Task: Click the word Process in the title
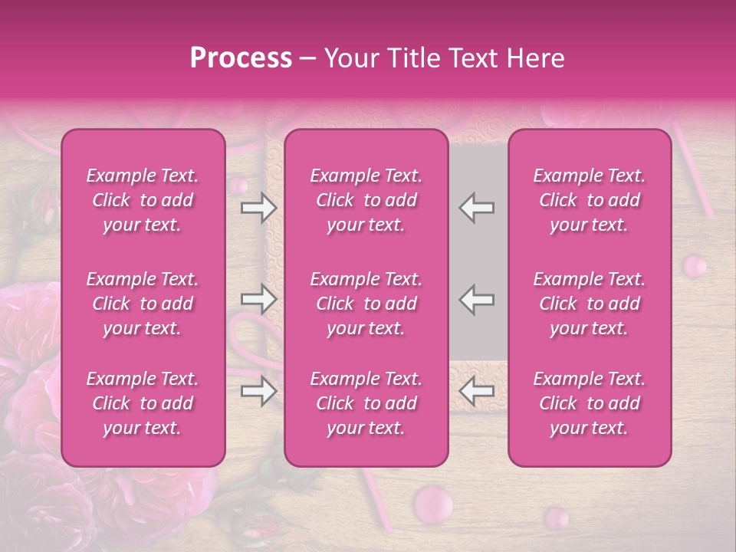tap(241, 58)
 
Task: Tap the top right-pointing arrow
tap(259, 208)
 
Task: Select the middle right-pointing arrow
tap(259, 299)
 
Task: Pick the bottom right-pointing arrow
tap(259, 392)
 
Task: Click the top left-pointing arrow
tap(476, 208)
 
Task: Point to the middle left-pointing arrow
tap(476, 299)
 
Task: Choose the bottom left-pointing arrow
tap(476, 392)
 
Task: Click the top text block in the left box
tap(143, 200)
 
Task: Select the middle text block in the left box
tap(143, 304)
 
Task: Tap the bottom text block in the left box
tap(143, 403)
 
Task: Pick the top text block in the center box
tap(366, 200)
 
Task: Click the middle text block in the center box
tap(366, 304)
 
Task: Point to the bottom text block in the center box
tap(366, 403)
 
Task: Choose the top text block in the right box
tap(590, 200)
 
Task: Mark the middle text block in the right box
tap(590, 304)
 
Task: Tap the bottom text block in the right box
tap(590, 403)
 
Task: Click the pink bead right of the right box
tap(695, 267)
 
